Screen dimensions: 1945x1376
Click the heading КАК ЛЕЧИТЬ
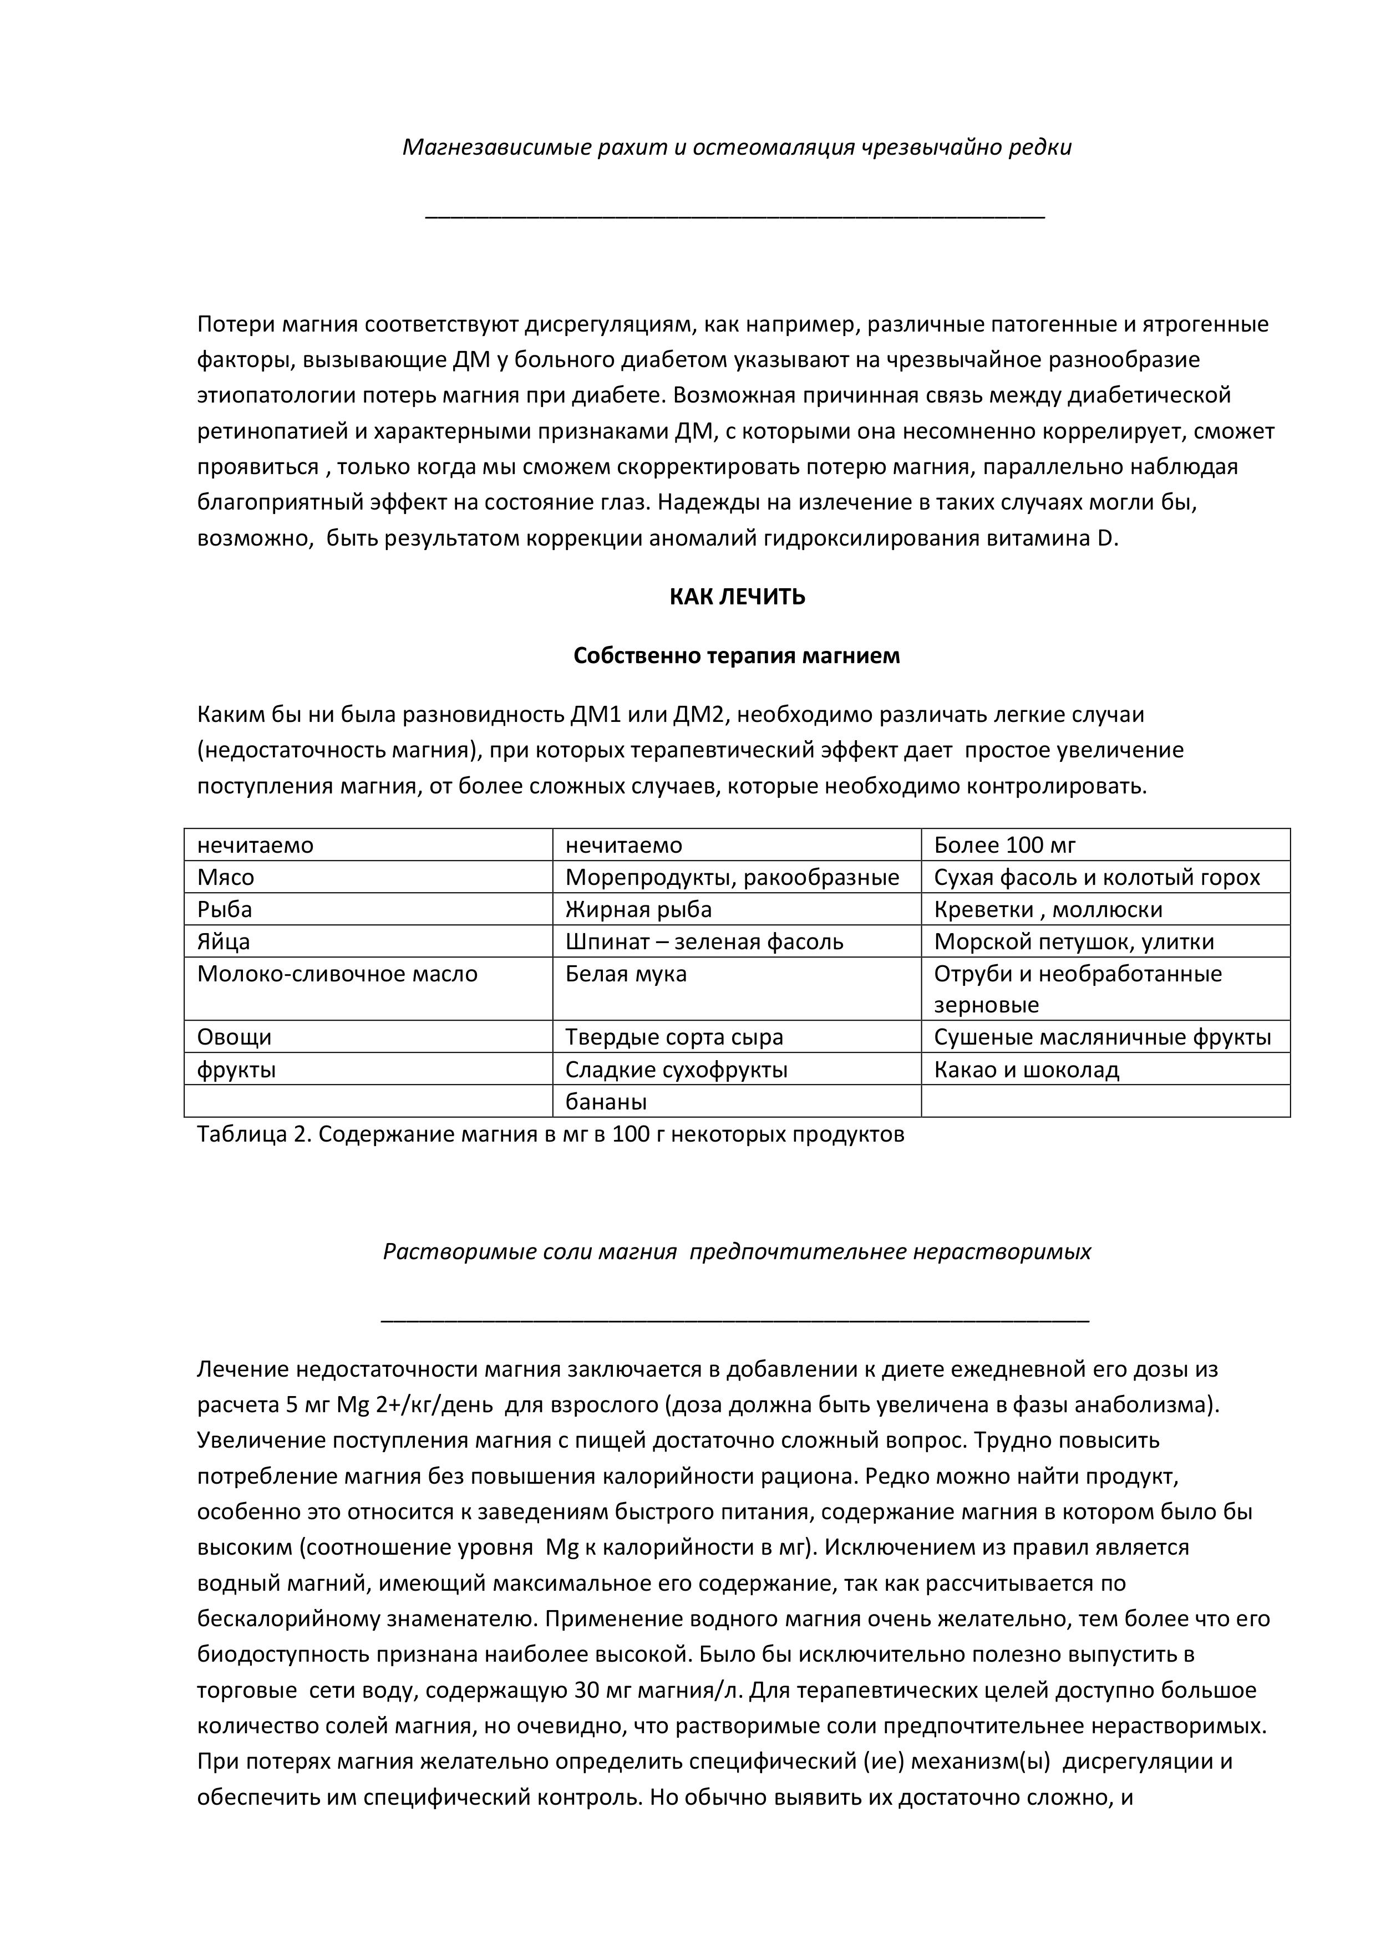(737, 597)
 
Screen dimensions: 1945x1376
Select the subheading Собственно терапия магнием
(737, 656)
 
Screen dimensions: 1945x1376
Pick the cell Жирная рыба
(639, 910)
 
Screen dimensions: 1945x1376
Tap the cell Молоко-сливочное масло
(337, 974)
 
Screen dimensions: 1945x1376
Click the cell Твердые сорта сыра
(674, 1038)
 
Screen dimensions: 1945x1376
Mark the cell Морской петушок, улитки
(1074, 942)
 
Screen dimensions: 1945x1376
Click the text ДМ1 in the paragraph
(597, 715)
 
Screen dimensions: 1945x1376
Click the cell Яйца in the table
(224, 942)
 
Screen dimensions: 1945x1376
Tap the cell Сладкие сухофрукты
(676, 1070)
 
